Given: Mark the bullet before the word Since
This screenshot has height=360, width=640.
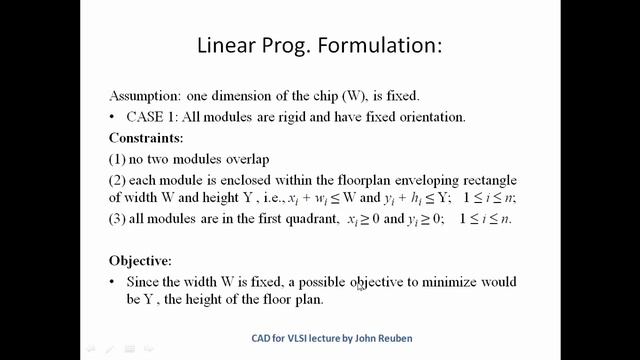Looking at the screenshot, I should (x=116, y=283).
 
